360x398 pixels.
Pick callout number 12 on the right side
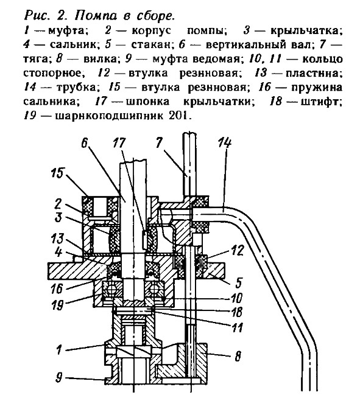[x=238, y=250]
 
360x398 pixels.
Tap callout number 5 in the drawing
[x=238, y=282]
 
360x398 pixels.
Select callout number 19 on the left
[x=57, y=304]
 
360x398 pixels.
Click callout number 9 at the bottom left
[x=58, y=377]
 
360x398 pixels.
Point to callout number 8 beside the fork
[x=238, y=356]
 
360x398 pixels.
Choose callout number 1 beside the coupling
[x=59, y=349]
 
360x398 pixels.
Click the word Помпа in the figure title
[x=96, y=16]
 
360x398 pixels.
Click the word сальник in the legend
[x=72, y=45]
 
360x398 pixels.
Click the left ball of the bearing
[x=109, y=289]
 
